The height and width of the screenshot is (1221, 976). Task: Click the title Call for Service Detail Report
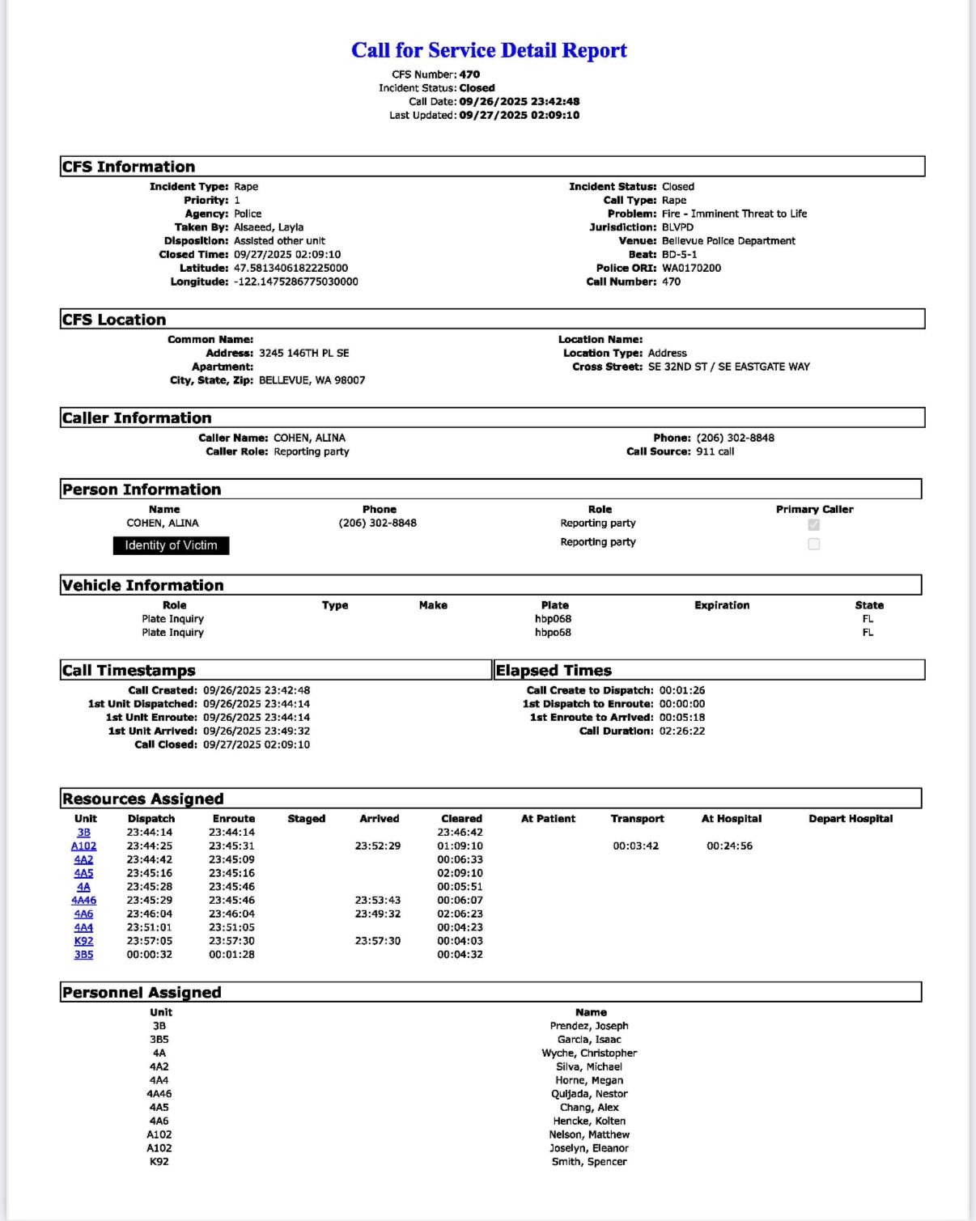[x=489, y=50]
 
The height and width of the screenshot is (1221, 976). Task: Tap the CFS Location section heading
[x=114, y=320]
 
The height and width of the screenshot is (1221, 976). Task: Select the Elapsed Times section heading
[x=554, y=670]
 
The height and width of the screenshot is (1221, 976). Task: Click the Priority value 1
[x=237, y=200]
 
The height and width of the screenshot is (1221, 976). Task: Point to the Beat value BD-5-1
[x=679, y=254]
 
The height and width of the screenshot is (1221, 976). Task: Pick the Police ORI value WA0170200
[x=691, y=268]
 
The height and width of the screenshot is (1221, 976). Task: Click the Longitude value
[x=295, y=282]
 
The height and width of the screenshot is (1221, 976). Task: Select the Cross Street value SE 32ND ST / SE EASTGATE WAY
[x=728, y=367]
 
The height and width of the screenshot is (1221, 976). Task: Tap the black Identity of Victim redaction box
[x=171, y=545]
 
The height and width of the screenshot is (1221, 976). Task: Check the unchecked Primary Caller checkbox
[x=813, y=544]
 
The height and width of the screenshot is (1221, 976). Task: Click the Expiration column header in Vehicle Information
[x=721, y=605]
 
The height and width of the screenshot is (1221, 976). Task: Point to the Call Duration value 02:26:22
[x=681, y=731]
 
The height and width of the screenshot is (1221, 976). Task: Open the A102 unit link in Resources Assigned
[x=83, y=846]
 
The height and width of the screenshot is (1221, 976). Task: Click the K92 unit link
[x=83, y=941]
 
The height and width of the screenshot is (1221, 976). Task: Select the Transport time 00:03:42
[x=635, y=846]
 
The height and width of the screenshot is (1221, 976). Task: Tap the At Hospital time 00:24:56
[x=729, y=846]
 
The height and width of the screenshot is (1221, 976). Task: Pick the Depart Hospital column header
[x=850, y=819]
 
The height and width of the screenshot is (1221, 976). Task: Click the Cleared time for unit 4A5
[x=460, y=873]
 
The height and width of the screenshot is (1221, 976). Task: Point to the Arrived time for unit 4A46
[x=377, y=900]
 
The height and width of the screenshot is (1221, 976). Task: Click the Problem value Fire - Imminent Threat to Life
[x=734, y=214]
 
